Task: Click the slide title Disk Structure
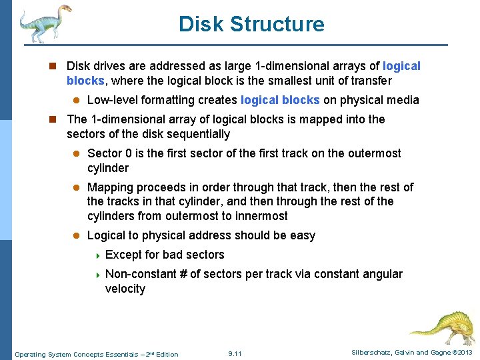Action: pos(251,25)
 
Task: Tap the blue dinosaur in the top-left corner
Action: pos(43,23)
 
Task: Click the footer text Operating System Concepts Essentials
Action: pos(96,354)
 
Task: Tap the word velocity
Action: pos(125,289)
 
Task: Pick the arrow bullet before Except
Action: pos(97,255)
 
